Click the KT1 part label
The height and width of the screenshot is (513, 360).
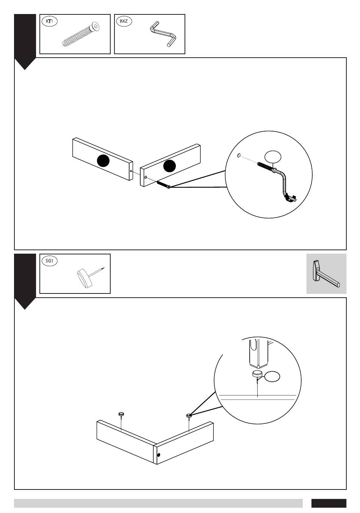pyautogui.click(x=49, y=22)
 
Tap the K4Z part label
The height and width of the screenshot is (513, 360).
pyautogui.click(x=124, y=22)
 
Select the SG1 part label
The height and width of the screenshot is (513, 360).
pyautogui.click(x=49, y=261)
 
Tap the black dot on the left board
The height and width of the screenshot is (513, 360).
pyautogui.click(x=103, y=161)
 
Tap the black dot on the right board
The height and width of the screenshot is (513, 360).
pyautogui.click(x=170, y=165)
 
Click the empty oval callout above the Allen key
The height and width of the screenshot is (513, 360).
pyautogui.click(x=273, y=157)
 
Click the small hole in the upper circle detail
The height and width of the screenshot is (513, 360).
pyautogui.click(x=239, y=155)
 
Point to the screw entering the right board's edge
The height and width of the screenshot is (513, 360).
pyautogui.click(x=163, y=184)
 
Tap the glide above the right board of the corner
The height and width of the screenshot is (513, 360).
pyautogui.click(x=189, y=416)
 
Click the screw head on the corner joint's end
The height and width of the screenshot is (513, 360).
pyautogui.click(x=158, y=455)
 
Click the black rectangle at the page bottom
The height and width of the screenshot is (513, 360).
pyautogui.click(x=329, y=503)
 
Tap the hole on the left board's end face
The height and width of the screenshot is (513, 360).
pyautogui.click(x=131, y=171)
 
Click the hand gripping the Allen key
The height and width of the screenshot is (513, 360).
pyautogui.click(x=290, y=197)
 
